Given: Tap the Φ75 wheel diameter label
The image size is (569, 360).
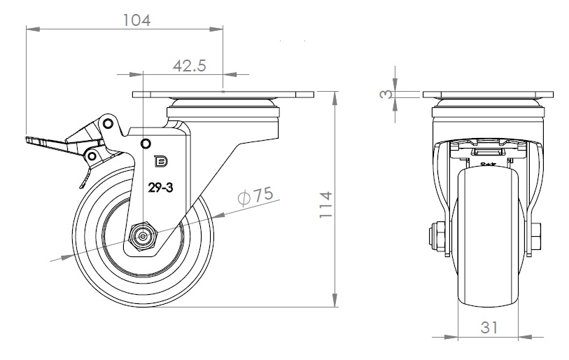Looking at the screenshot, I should click(x=255, y=197).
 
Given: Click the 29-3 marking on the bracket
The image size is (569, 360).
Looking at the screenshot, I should click(x=160, y=187).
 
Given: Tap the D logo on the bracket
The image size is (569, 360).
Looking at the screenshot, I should click(x=160, y=161).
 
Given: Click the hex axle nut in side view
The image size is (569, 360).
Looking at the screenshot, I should click(x=143, y=237).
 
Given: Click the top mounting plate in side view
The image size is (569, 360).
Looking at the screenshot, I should click(x=223, y=95).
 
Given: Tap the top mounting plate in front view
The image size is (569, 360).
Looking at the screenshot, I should click(x=488, y=96).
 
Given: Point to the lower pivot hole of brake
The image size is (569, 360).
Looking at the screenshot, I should click(x=90, y=155).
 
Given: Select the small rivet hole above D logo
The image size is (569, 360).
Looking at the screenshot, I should click(x=146, y=144).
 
